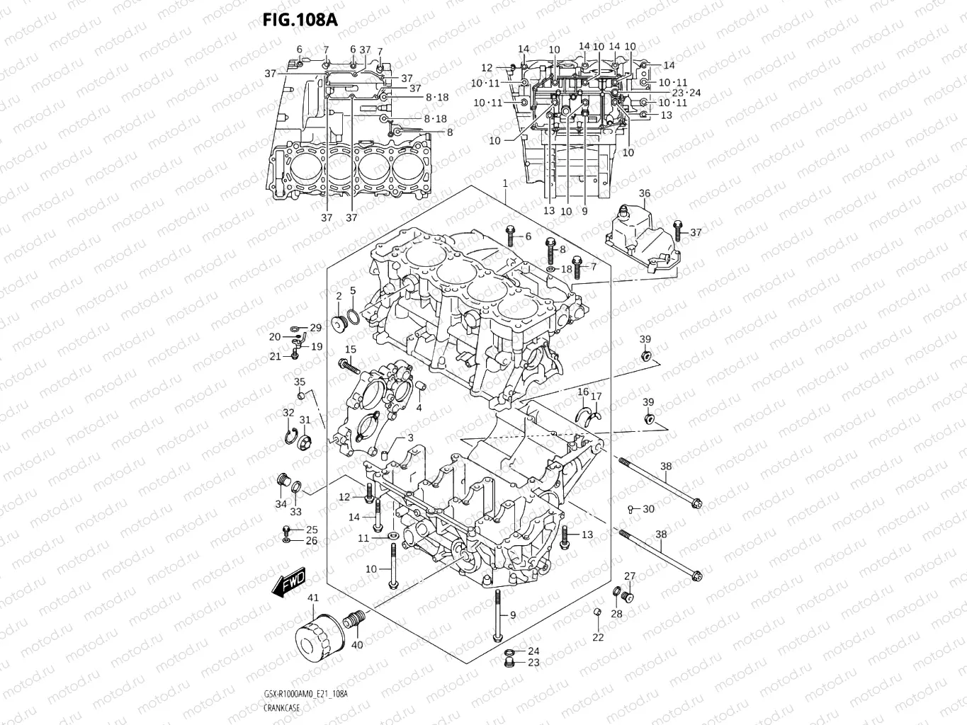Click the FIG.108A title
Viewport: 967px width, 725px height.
pyautogui.click(x=300, y=19)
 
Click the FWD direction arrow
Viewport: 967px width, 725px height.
pyautogui.click(x=288, y=581)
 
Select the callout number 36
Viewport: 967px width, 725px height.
pyautogui.click(x=644, y=193)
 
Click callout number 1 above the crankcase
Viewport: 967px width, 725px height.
pyautogui.click(x=505, y=183)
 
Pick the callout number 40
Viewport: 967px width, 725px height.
pyautogui.click(x=357, y=645)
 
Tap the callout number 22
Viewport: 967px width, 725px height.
pyautogui.click(x=598, y=637)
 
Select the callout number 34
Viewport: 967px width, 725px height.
pyautogui.click(x=281, y=504)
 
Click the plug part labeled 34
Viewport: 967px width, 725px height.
pyautogui.click(x=283, y=484)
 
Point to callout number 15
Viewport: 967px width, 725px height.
pyautogui.click(x=351, y=350)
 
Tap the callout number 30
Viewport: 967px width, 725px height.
pyautogui.click(x=648, y=509)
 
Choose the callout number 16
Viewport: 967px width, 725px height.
pyautogui.click(x=582, y=392)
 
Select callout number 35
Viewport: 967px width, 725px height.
pyautogui.click(x=300, y=382)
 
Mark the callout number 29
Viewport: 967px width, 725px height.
pyautogui.click(x=315, y=327)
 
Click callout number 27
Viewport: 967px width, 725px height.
pyautogui.click(x=629, y=576)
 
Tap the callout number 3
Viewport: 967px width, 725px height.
pyautogui.click(x=409, y=439)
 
